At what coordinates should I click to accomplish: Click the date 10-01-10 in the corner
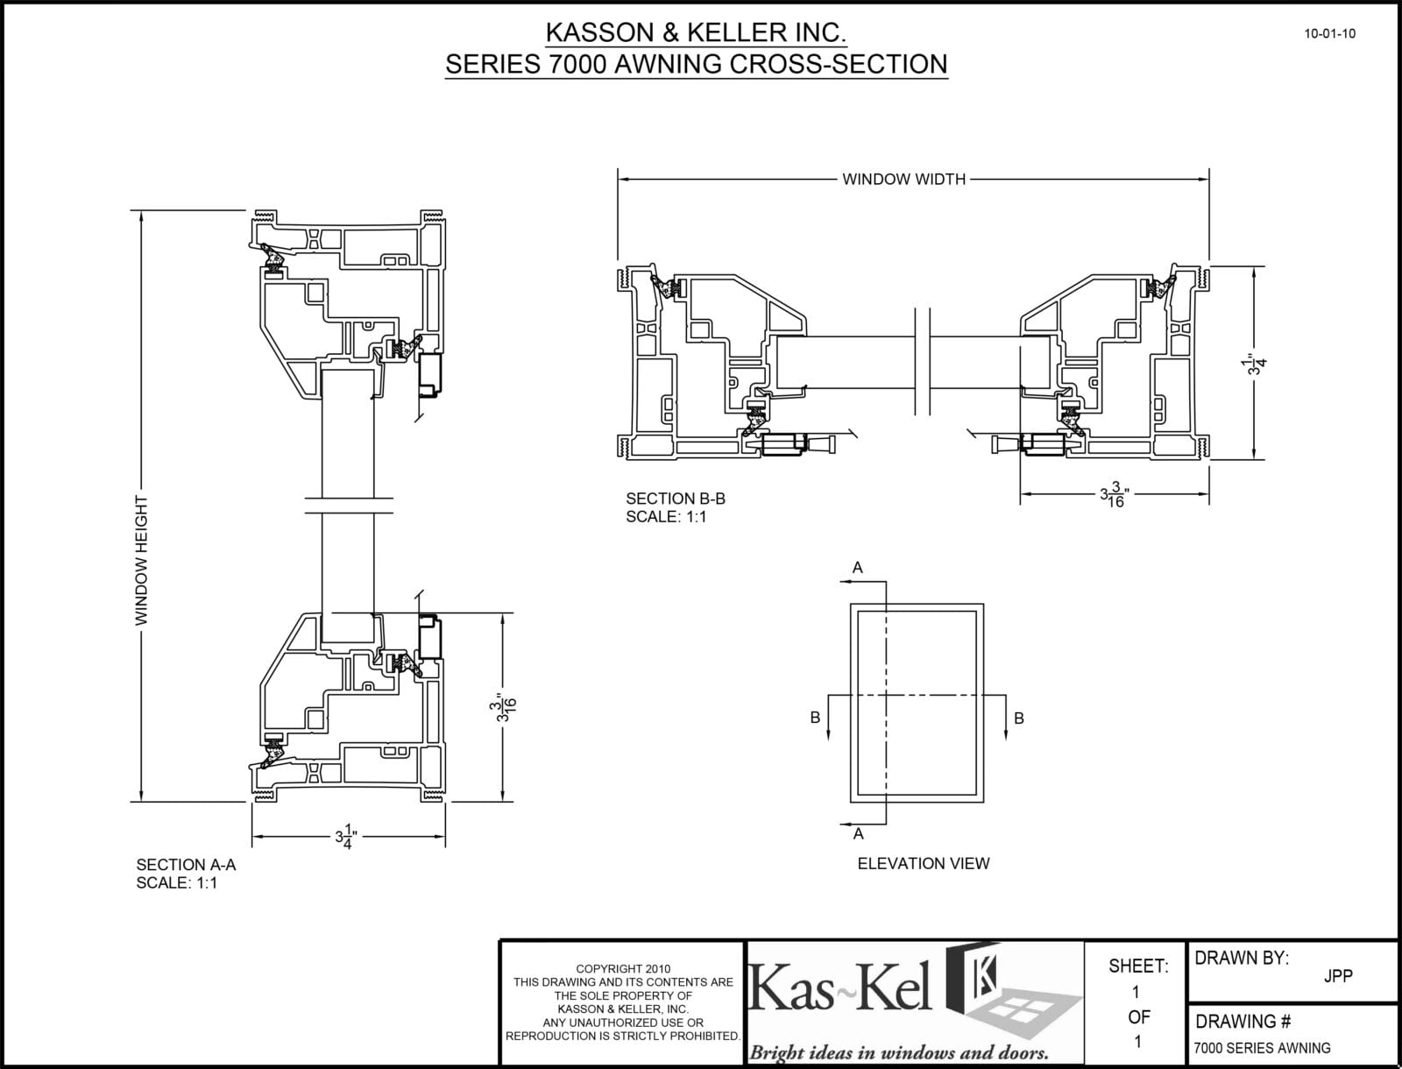1329,34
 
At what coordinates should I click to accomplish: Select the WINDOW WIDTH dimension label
903,180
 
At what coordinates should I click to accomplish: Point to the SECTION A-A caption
186,865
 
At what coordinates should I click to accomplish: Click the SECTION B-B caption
675,499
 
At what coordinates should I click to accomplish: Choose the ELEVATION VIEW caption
924,863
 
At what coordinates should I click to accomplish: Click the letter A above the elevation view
858,568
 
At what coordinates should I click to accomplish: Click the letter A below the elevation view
858,834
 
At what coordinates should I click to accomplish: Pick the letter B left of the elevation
815,718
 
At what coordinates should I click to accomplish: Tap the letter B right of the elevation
1019,718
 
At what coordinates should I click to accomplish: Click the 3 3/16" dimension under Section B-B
1113,495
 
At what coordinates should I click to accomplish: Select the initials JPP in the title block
1337,976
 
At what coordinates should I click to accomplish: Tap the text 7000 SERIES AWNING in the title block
1262,1048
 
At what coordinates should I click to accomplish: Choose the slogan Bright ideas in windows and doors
898,1052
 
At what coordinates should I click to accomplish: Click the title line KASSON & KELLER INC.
696,33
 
